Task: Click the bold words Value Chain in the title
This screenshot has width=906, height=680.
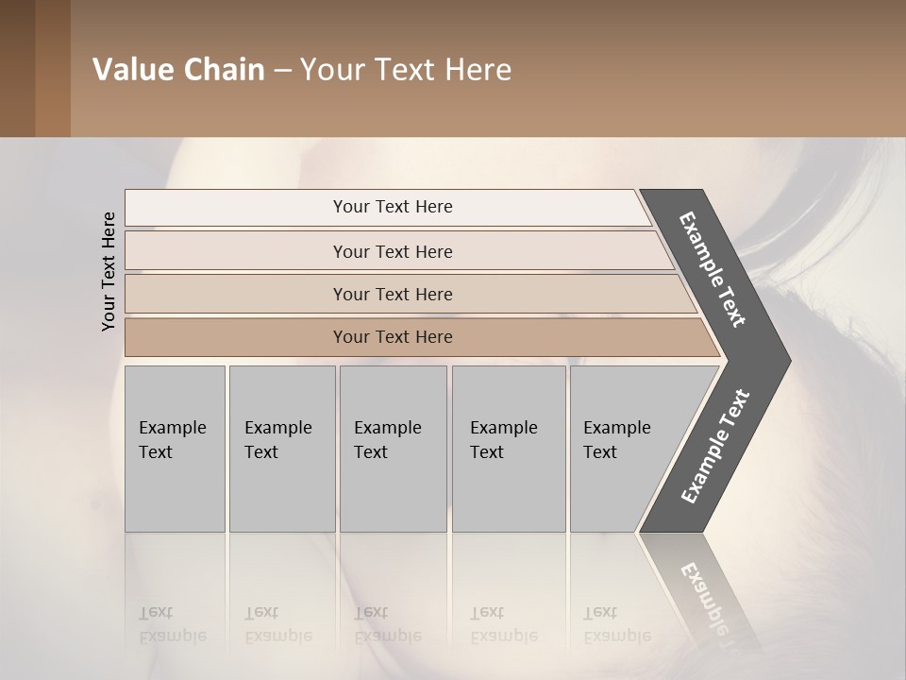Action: point(178,70)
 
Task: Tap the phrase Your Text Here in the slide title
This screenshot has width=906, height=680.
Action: point(406,70)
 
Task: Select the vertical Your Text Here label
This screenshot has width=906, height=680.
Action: point(109,271)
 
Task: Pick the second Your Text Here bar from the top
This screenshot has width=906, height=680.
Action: point(393,251)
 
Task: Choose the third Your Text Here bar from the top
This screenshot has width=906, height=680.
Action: point(393,294)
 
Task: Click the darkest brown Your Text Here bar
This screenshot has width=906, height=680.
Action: point(393,337)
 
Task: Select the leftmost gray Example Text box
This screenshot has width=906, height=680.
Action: point(175,449)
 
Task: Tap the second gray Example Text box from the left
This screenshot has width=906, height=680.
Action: point(281,449)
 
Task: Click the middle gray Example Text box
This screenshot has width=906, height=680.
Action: point(393,449)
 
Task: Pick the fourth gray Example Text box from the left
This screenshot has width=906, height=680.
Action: point(508,449)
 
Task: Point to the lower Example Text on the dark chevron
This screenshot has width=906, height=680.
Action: point(714,447)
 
